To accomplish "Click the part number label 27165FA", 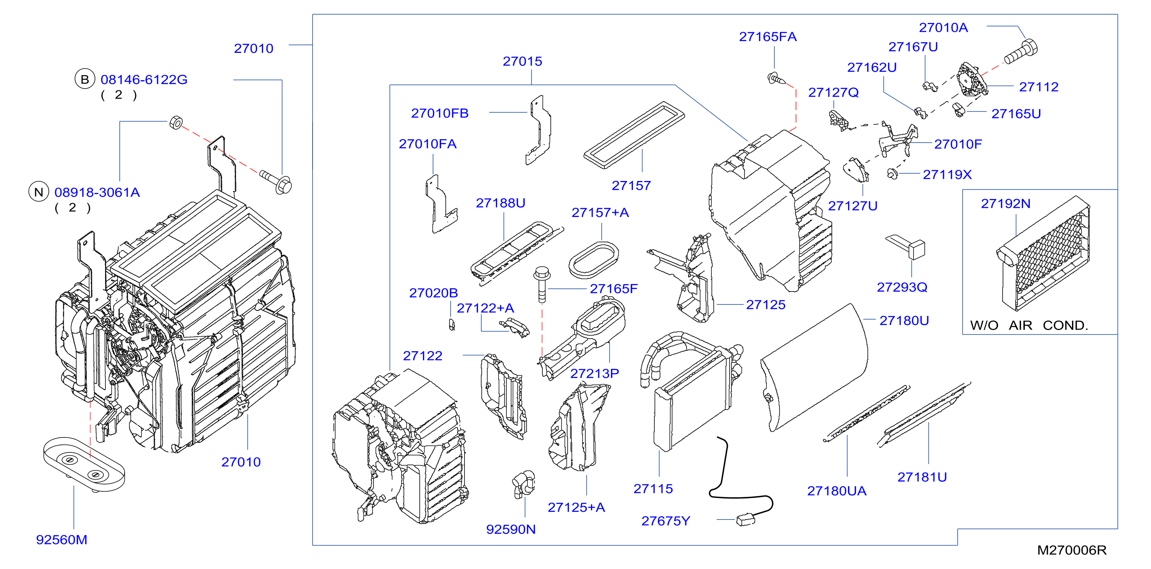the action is pyautogui.click(x=767, y=37).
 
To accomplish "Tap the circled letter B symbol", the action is pyautogui.click(x=85, y=79).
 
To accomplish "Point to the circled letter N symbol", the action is pyautogui.click(x=39, y=192).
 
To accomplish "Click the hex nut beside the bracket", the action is pyautogui.click(x=176, y=122).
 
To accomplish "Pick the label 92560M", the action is pyautogui.click(x=62, y=539).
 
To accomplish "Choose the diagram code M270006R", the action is pyautogui.click(x=1072, y=550).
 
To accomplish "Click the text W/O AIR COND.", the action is pyautogui.click(x=1029, y=325).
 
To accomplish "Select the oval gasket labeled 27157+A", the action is pyautogui.click(x=594, y=260).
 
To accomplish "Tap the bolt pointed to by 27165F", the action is pyautogui.click(x=542, y=284).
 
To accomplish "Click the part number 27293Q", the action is pyautogui.click(x=902, y=287).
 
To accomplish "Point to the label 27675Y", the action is pyautogui.click(x=666, y=521).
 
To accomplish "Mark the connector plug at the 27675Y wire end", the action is pyautogui.click(x=745, y=520).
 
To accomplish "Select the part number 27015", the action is pyautogui.click(x=522, y=61).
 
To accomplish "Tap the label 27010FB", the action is pyautogui.click(x=440, y=113).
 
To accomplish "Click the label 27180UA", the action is pyautogui.click(x=836, y=491).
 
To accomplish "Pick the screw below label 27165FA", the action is pyautogui.click(x=776, y=79).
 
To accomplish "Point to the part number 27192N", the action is pyautogui.click(x=1005, y=204).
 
